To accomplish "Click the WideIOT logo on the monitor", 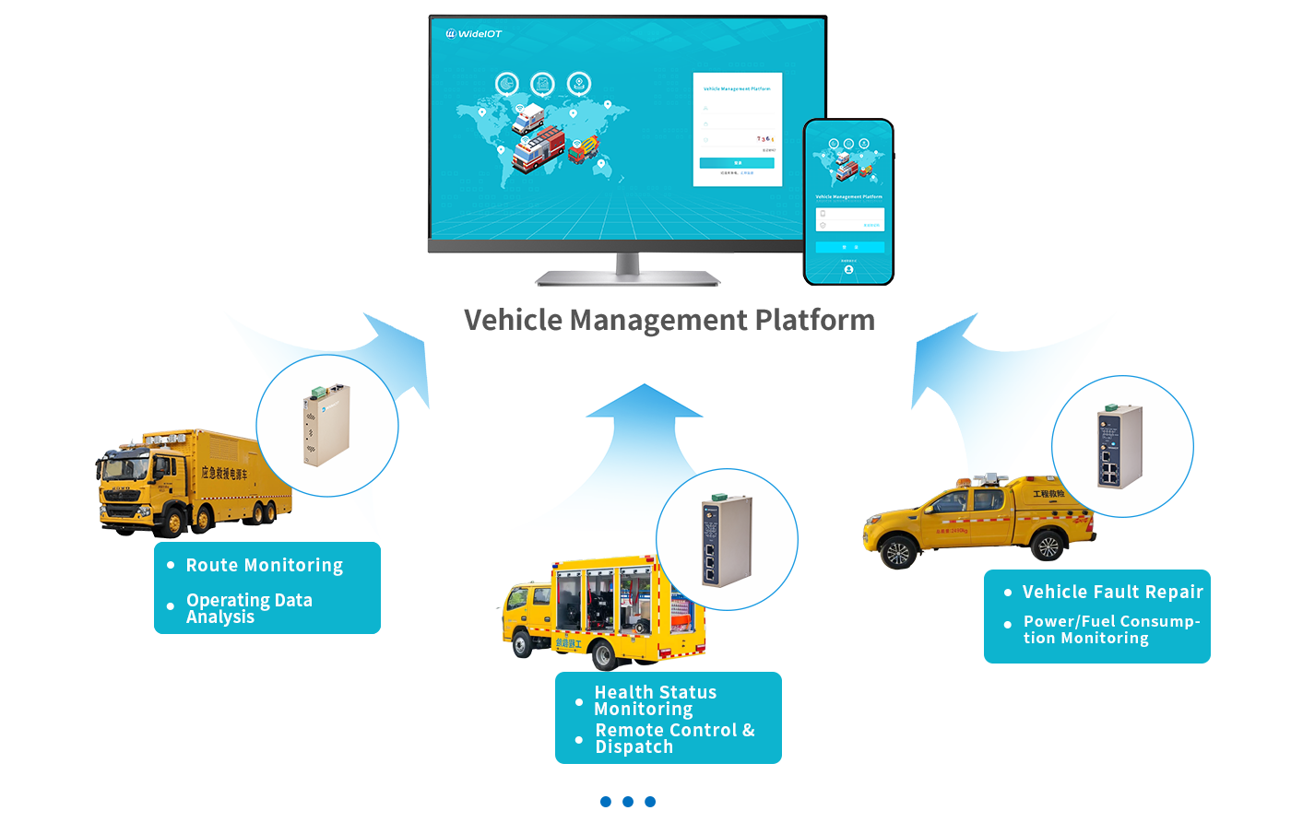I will click(x=474, y=34).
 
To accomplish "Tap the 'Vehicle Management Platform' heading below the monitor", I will click(x=669, y=321).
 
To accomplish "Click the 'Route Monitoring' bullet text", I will click(x=264, y=565).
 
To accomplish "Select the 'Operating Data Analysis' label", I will click(x=249, y=608).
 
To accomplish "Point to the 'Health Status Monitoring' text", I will click(x=655, y=700).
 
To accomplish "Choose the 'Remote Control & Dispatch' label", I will click(x=674, y=738).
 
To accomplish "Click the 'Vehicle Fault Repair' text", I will click(x=1112, y=592).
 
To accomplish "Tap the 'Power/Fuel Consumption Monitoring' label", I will click(x=1110, y=629).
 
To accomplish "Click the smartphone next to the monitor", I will click(x=848, y=201).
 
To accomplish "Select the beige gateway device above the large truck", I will click(x=326, y=425).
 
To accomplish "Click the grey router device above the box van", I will click(x=727, y=538).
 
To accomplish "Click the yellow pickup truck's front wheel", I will click(x=895, y=554).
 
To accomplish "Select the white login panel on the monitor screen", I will click(x=737, y=129).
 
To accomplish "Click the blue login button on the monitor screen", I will click(x=737, y=163).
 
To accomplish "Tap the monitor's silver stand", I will click(x=628, y=268).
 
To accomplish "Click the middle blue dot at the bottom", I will click(x=628, y=802).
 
